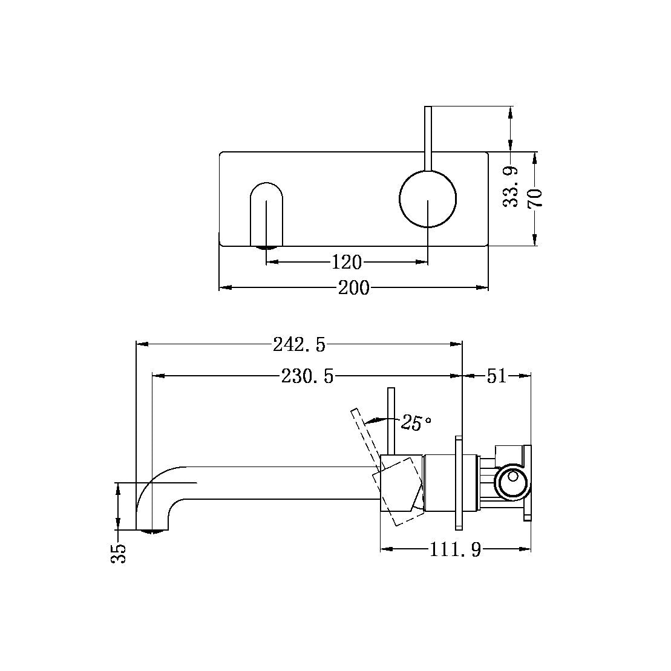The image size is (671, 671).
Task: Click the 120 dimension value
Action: [346, 263]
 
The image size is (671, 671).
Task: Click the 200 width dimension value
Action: [353, 288]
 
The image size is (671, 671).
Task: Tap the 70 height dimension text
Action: [535, 198]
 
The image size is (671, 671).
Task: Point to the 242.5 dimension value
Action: [299, 345]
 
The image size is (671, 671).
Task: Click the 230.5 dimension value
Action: [307, 377]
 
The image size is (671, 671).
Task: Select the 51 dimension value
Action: [496, 376]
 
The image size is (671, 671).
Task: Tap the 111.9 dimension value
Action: [455, 550]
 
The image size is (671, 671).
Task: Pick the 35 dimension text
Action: [120, 553]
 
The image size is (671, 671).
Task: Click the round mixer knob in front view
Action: [428, 199]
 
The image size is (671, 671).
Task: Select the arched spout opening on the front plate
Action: [266, 212]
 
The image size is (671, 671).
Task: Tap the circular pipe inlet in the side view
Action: [511, 483]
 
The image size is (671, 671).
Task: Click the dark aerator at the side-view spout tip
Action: [153, 532]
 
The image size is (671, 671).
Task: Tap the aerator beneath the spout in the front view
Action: [266, 247]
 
